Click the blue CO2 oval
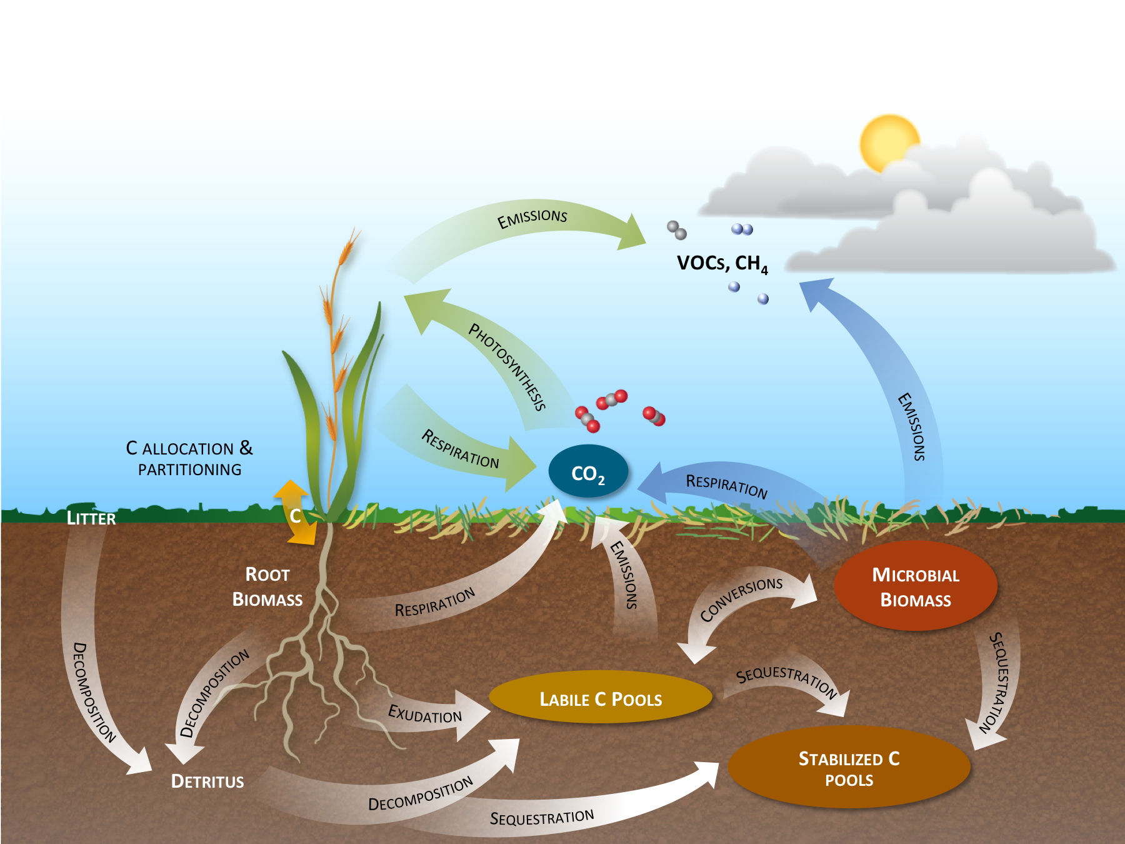[587, 472]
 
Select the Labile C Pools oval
[600, 698]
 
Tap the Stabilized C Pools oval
[849, 768]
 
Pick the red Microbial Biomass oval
[915, 586]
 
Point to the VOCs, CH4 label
[722, 263]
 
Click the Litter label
[91, 518]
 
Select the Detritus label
[207, 781]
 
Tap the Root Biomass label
[267, 586]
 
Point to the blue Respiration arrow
[725, 485]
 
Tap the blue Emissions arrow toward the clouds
[900, 388]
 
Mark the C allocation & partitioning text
[189, 458]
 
